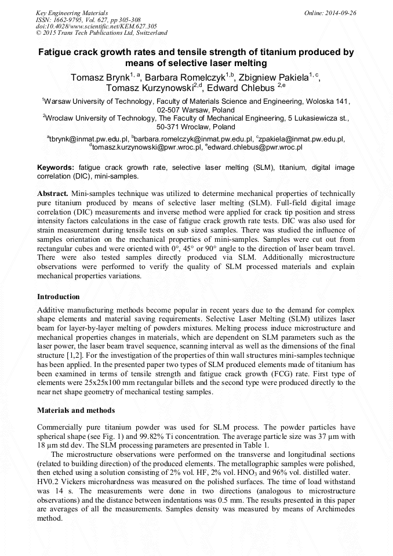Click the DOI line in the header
(84, 27)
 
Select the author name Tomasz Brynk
(99, 77)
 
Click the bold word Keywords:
(56, 167)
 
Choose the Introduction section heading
(59, 297)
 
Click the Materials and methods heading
(76, 410)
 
